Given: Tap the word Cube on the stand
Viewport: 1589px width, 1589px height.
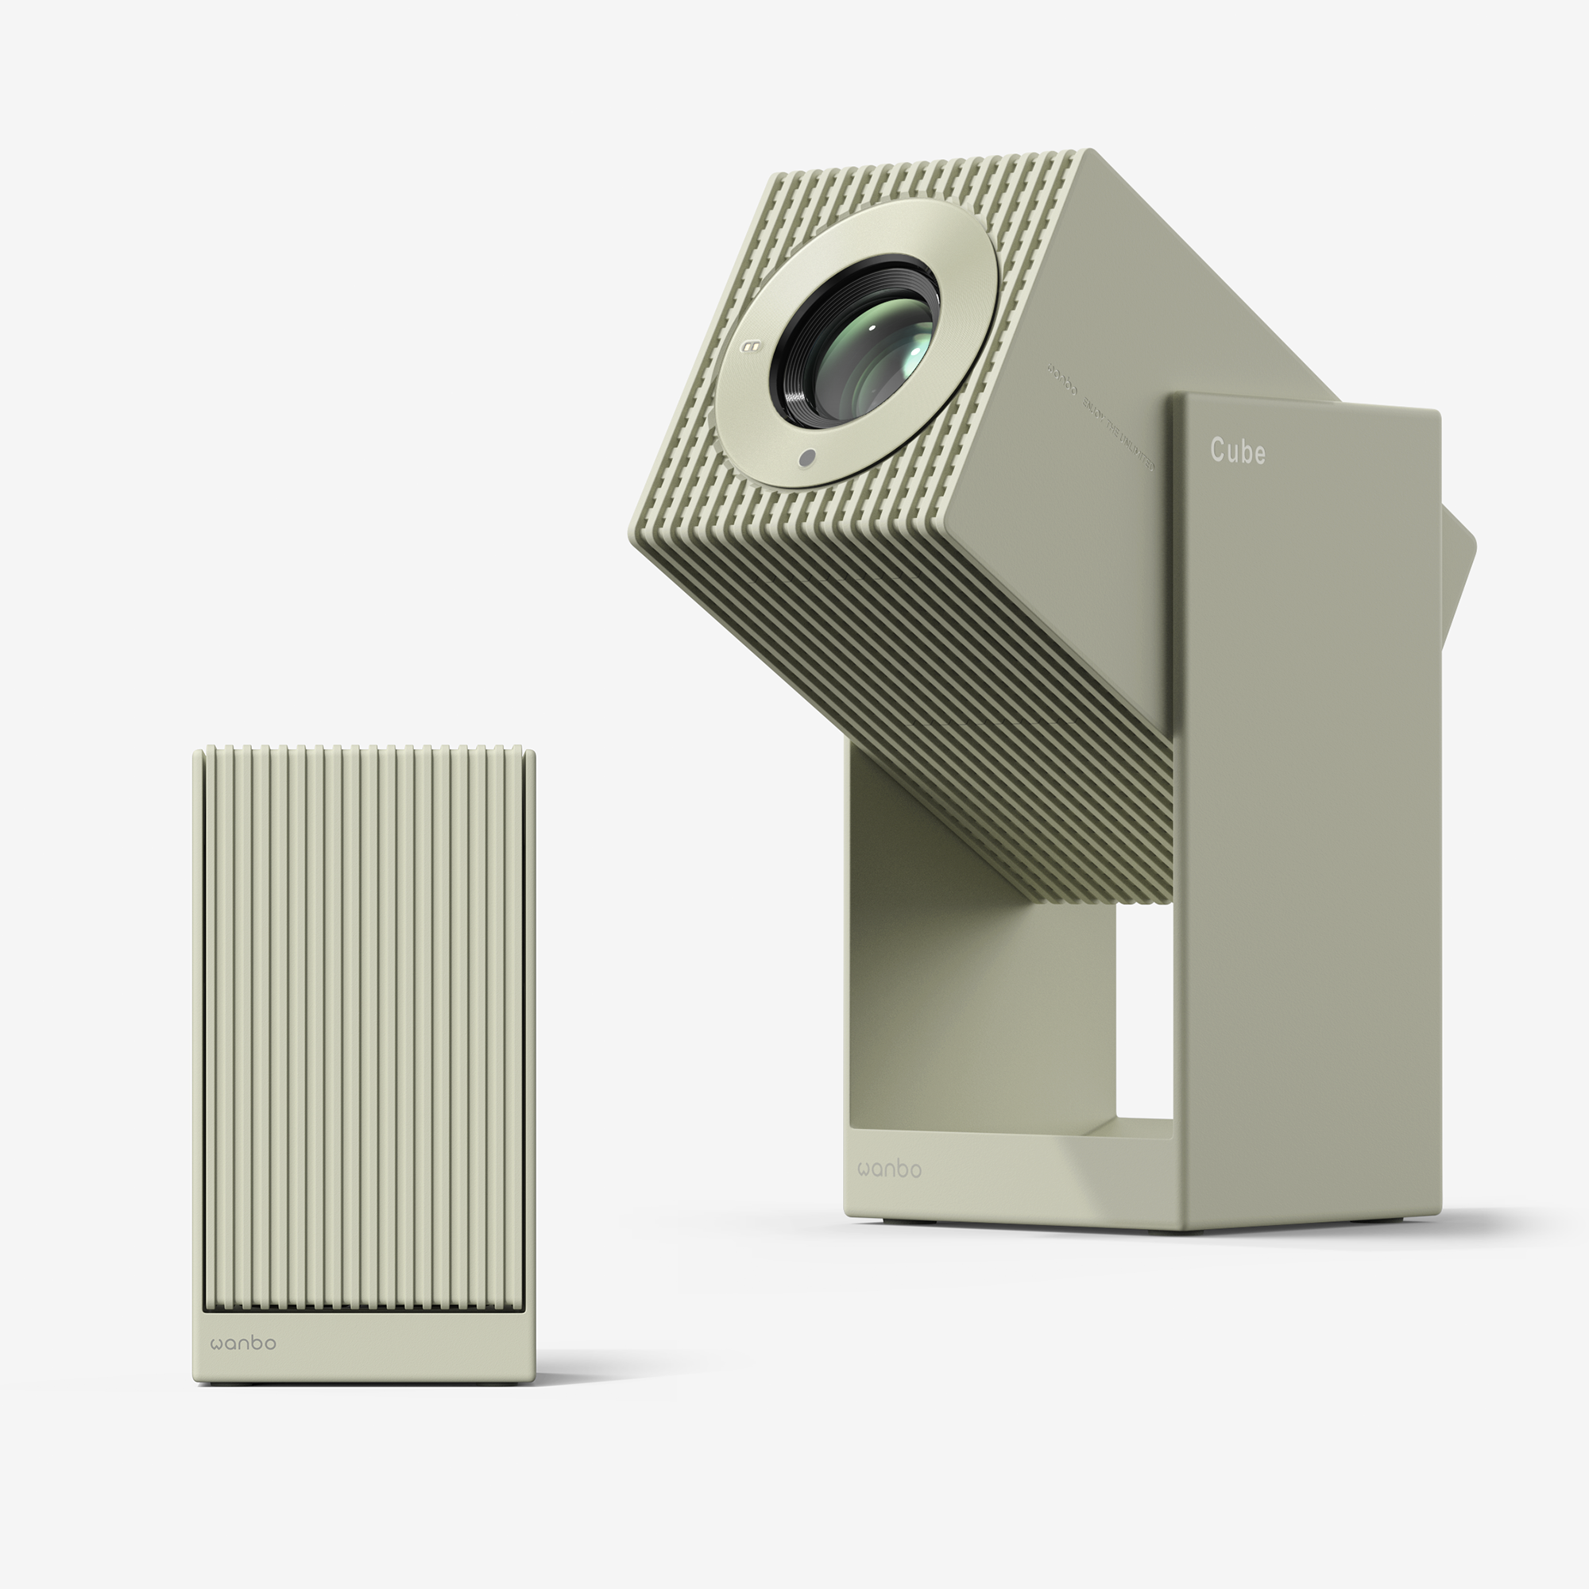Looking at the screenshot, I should coord(1237,451).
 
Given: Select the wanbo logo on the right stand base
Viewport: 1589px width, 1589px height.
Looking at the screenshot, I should coord(889,1169).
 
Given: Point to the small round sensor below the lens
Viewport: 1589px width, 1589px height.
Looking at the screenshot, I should coord(808,458).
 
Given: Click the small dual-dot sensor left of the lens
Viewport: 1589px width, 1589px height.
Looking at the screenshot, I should coord(749,346).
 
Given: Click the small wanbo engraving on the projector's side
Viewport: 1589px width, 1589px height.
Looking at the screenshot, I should coord(1061,379).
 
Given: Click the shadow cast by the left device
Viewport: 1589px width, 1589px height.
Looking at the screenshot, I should coord(609,1371).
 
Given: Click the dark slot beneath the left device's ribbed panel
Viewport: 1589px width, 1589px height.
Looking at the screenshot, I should coord(361,1307).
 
